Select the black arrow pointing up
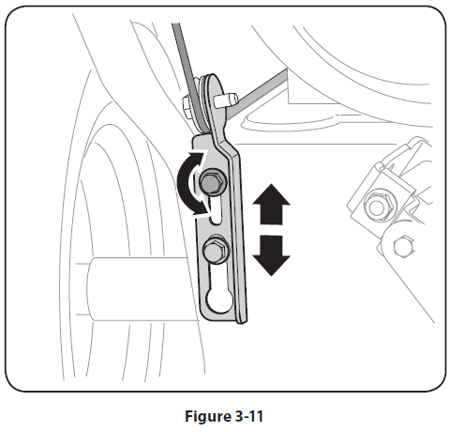click(271, 204)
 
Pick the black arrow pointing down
click(271, 255)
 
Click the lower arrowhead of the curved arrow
click(200, 208)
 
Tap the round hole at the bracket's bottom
click(219, 301)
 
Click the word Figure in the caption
click(208, 416)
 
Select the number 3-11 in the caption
click(248, 416)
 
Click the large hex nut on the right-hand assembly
click(378, 206)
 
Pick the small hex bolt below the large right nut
click(404, 246)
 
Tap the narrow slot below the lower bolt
click(218, 275)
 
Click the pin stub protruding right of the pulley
click(226, 100)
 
